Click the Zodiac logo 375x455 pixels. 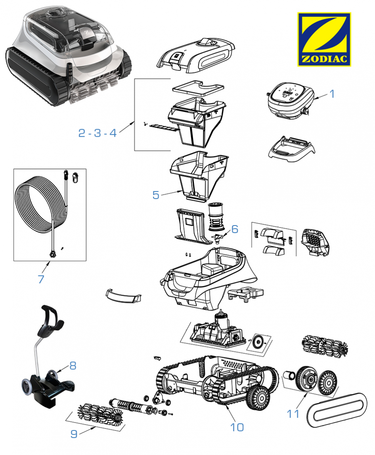click(324, 39)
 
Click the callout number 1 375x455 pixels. click(332, 94)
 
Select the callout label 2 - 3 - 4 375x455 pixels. click(97, 133)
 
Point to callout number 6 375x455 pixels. click(235, 229)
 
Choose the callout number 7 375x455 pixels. click(41, 279)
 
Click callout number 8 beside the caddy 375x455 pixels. click(73, 365)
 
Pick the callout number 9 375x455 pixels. click(74, 434)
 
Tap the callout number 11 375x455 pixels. click(293, 413)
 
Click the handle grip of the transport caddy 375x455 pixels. click(52, 317)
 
